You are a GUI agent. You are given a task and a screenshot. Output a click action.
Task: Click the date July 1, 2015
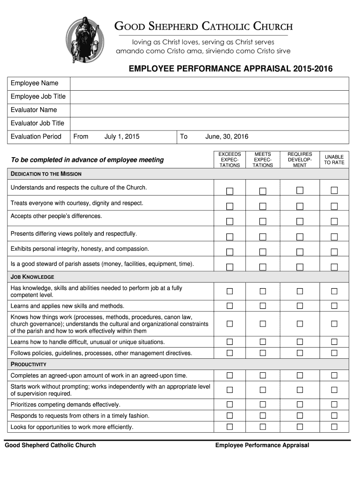click(122, 137)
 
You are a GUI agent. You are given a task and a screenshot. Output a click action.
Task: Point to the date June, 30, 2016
click(227, 137)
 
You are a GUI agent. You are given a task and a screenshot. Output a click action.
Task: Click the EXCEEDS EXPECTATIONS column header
click(230, 160)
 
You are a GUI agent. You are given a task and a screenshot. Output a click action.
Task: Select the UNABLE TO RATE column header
click(334, 160)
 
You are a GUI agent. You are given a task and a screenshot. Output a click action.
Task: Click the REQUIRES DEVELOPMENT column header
click(300, 160)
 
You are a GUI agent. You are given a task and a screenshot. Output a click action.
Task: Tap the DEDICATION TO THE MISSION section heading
click(46, 174)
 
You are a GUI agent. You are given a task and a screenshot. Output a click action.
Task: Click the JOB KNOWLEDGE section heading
click(33, 277)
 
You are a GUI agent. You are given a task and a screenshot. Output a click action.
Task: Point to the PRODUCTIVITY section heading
click(29, 364)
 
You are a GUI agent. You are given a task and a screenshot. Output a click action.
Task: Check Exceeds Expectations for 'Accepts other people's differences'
click(230, 221)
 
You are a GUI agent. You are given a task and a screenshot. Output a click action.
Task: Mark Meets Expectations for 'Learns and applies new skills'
click(263, 306)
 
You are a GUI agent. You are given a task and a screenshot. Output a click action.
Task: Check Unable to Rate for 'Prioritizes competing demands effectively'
click(334, 405)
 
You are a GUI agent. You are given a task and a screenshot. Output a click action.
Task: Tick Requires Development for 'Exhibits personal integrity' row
click(300, 252)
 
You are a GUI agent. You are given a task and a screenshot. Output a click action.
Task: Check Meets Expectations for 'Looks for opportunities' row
click(263, 427)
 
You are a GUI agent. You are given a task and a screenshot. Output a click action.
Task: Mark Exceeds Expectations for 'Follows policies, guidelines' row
click(230, 353)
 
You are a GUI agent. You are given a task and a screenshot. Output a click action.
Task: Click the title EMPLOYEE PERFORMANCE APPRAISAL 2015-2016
click(230, 69)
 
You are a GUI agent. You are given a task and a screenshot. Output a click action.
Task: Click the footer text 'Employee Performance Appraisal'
click(262, 445)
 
